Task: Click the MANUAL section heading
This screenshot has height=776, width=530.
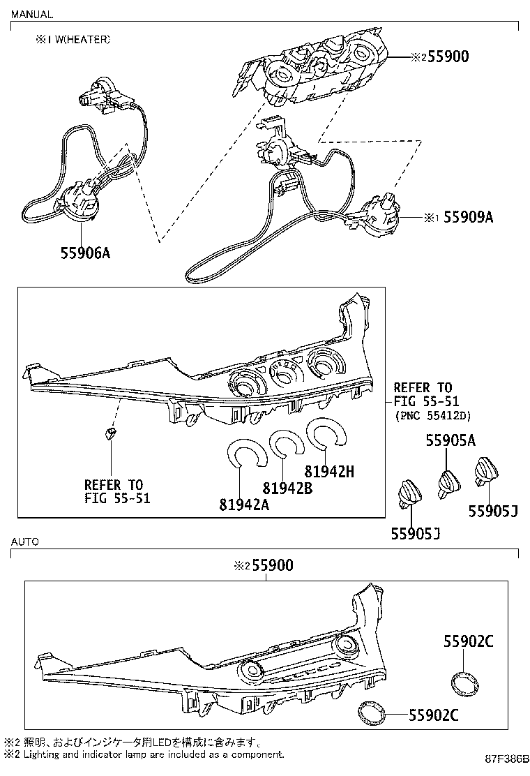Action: tap(32, 15)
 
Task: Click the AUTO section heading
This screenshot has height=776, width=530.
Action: tap(24, 542)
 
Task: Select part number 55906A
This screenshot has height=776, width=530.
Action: tap(86, 253)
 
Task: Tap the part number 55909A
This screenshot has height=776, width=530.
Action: tap(468, 217)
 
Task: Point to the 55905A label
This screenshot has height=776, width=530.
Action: tap(451, 440)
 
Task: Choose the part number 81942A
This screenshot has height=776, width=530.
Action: tap(244, 505)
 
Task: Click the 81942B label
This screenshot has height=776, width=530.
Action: tap(287, 488)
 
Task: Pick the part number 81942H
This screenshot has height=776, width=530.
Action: tap(329, 472)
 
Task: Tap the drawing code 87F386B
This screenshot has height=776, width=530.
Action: tap(506, 770)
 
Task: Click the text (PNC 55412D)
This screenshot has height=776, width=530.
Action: tap(433, 416)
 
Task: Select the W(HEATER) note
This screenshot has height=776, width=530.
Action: tap(79, 40)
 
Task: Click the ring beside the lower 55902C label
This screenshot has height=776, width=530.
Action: tap(371, 714)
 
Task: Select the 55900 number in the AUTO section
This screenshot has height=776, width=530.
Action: tap(273, 565)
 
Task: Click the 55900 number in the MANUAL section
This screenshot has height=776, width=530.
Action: tap(448, 57)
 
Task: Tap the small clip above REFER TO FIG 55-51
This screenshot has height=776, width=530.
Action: tap(111, 434)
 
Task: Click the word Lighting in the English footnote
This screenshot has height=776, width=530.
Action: tap(40, 755)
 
